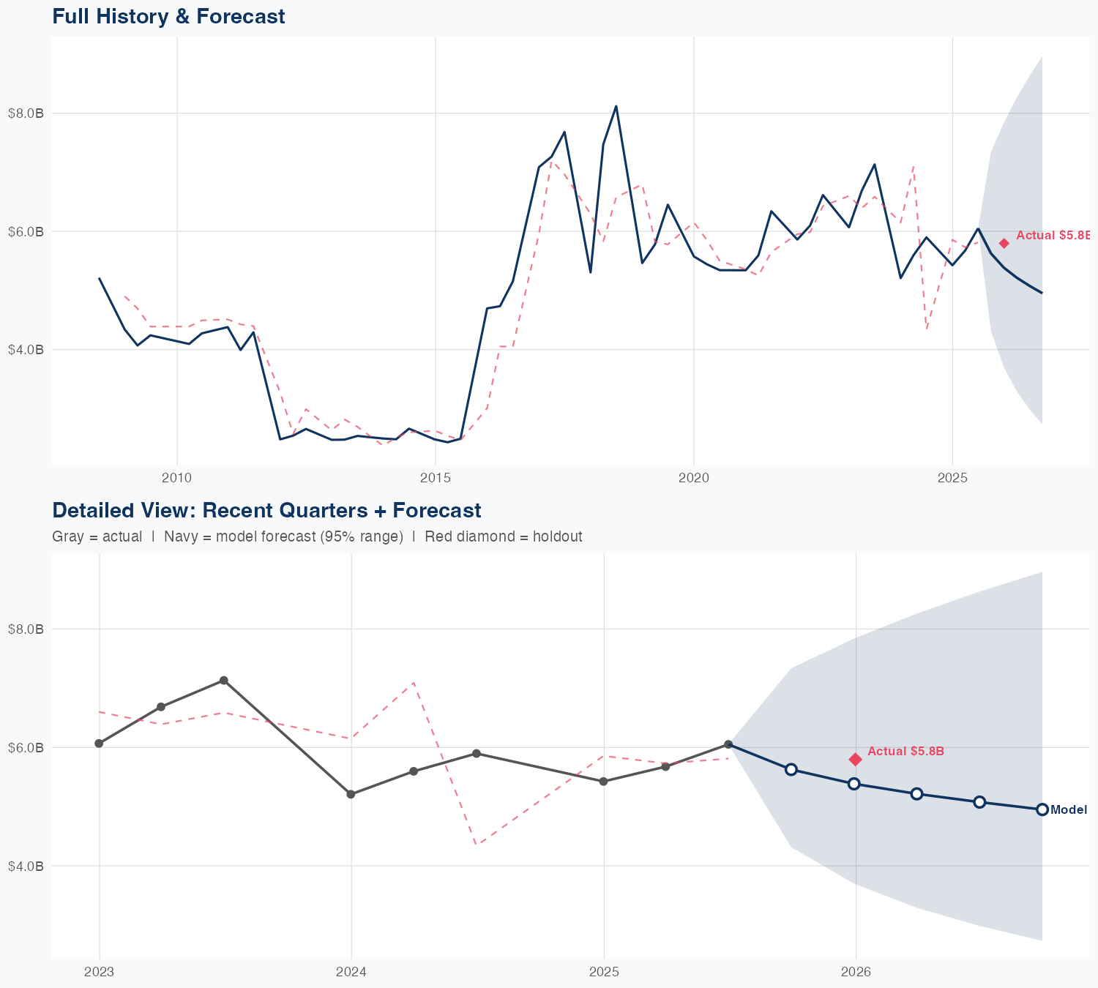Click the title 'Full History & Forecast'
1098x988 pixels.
point(168,16)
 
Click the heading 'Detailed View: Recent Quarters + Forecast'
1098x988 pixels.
point(266,510)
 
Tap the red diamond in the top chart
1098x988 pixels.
point(1004,243)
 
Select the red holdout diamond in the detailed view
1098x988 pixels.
point(855,759)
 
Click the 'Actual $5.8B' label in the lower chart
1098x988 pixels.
point(905,752)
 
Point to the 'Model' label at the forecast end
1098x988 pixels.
point(1068,809)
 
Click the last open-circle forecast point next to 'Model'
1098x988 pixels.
point(1042,809)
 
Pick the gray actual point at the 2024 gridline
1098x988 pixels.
point(351,794)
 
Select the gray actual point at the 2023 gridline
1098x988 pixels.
point(99,744)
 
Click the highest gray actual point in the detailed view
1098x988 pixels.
point(224,681)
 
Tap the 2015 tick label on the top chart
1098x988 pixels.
point(436,478)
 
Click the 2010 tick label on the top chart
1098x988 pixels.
point(176,478)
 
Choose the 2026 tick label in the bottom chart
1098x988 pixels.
point(855,972)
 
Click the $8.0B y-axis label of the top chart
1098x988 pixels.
point(26,113)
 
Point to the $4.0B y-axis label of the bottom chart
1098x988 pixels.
point(26,866)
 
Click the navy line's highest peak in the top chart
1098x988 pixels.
point(616,106)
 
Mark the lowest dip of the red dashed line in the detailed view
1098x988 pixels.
point(477,845)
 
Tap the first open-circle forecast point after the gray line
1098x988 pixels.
point(791,769)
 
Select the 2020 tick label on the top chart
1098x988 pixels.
point(693,478)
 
